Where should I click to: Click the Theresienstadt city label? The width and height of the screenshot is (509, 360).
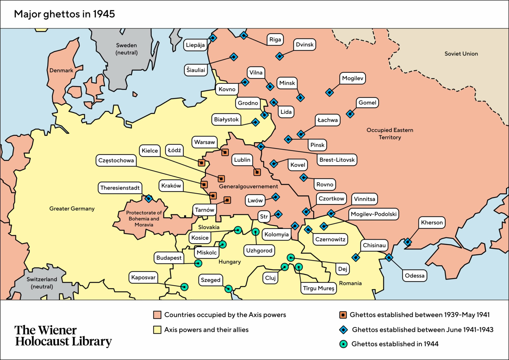[120, 188]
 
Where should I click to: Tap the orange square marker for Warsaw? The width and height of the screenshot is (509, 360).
[225, 152]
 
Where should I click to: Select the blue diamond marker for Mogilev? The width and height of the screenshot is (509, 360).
[329, 92]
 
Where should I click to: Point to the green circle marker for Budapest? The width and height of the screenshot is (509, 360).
[198, 263]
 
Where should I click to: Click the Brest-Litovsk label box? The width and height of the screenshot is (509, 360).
[337, 160]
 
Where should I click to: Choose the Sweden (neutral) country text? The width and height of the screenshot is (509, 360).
[126, 49]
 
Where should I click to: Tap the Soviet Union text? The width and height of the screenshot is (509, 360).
[461, 54]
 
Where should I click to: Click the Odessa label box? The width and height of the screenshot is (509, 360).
[414, 276]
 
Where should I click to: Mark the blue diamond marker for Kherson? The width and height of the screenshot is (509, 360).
[408, 242]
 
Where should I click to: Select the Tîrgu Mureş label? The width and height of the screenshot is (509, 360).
[318, 288]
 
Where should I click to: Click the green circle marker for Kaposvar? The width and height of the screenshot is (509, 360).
[185, 287]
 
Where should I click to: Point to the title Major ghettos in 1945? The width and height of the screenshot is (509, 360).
[64, 14]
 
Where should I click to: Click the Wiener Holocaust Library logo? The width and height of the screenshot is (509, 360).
[63, 336]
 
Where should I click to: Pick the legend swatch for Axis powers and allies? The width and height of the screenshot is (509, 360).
[157, 330]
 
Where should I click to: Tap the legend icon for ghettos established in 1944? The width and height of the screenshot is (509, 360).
[344, 344]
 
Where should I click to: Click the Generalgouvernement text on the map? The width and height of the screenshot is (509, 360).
[248, 187]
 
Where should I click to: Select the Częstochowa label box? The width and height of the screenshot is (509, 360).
[116, 160]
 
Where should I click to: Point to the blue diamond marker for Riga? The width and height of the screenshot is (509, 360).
[244, 35]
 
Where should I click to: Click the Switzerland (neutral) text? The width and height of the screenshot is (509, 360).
[42, 283]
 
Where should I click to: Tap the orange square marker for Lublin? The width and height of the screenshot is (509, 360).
[257, 172]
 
